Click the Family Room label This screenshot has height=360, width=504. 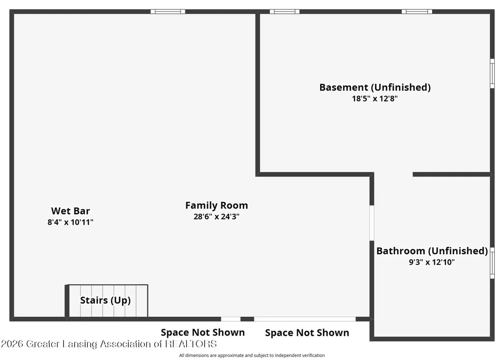coord(216,206)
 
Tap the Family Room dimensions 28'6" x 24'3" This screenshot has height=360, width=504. coord(216,217)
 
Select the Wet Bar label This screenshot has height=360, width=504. coord(70,211)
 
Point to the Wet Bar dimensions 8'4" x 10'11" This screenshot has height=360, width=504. coord(70,222)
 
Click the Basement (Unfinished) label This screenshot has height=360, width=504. coord(375,88)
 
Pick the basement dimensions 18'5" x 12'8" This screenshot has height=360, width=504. coord(375,99)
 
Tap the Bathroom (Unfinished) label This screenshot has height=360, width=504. coord(432,251)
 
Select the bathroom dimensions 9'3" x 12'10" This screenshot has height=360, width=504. coord(432,262)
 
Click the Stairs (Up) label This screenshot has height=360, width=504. coord(105,300)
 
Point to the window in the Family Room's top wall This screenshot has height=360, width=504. coord(168,12)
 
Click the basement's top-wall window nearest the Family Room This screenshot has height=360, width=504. coord(285,12)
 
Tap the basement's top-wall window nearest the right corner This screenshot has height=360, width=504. coord(417,12)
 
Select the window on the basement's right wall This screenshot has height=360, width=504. coord(492,73)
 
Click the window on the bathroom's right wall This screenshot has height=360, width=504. coord(492,263)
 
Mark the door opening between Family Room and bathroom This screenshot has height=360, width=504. coord(372,223)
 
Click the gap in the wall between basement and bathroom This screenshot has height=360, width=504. coord(393,175)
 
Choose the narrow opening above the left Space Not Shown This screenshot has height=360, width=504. coord(231,319)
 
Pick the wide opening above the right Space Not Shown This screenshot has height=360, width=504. coord(305,319)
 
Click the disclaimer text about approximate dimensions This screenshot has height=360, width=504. coord(252,355)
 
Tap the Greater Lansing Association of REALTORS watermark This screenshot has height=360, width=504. coord(109,344)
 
